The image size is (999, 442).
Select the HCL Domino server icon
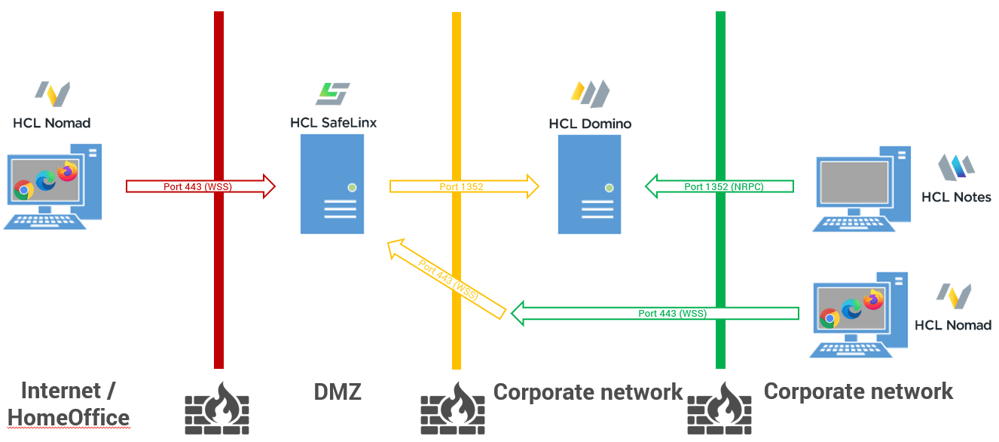[x=589, y=184]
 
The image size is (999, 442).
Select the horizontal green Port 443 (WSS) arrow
[x=655, y=313]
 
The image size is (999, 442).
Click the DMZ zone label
[x=338, y=392]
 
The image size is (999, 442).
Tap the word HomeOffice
[x=69, y=417]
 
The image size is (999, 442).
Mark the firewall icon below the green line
[x=720, y=408]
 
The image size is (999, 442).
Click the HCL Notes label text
[x=956, y=197]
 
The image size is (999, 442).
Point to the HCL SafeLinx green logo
[x=332, y=94]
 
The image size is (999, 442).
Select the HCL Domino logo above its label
[x=590, y=94]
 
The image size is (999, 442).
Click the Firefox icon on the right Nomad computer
[x=873, y=299]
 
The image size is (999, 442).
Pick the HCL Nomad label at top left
[x=52, y=122]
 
